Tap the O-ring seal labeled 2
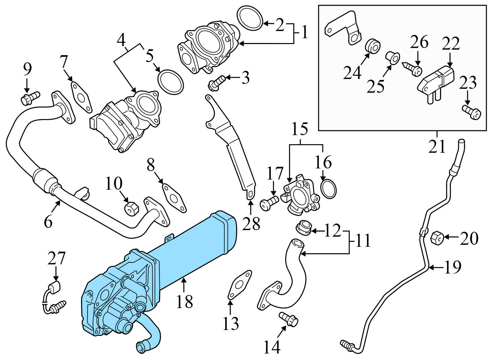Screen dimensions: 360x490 coord(250,18)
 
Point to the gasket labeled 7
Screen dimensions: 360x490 coord(80,96)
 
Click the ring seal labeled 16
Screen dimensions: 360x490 coord(329,188)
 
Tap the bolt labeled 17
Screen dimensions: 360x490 coord(269,202)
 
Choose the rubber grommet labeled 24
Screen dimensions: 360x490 coord(372,46)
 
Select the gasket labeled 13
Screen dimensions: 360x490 coord(240,285)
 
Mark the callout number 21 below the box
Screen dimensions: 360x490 coord(437,147)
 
